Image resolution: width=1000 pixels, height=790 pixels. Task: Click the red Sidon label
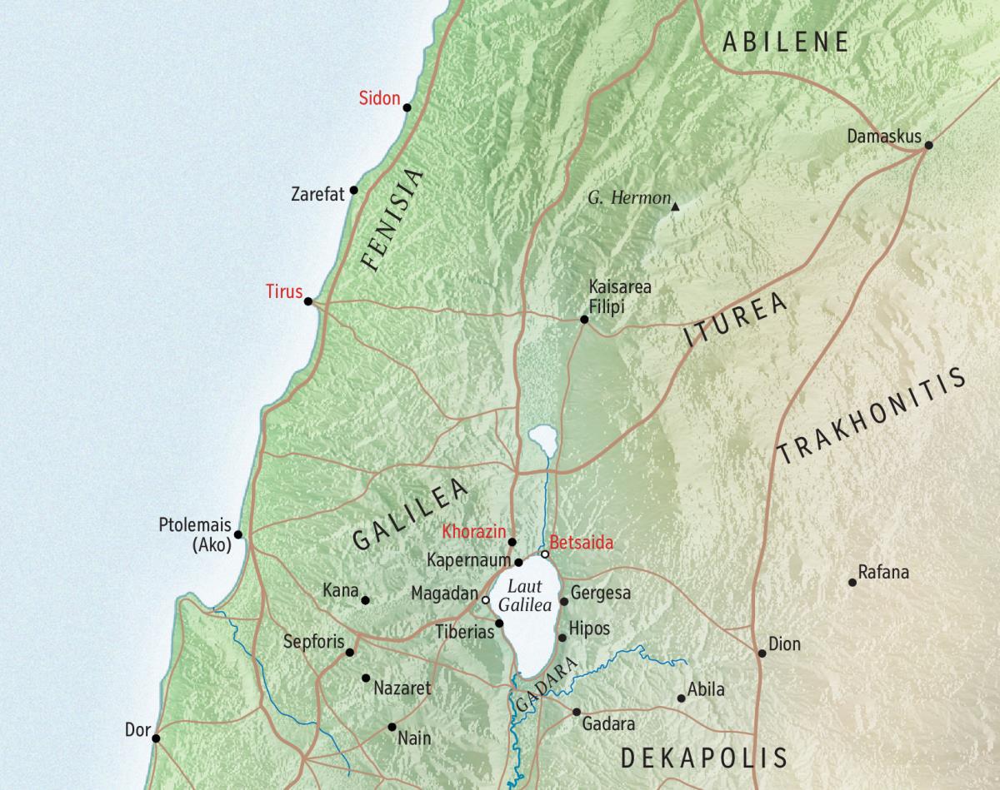[379, 98]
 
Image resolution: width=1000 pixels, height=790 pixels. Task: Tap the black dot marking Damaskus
[928, 145]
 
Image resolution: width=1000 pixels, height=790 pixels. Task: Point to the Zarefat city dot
[353, 191]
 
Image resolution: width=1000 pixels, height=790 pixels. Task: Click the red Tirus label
[283, 291]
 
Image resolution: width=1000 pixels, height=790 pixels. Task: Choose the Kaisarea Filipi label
[619, 296]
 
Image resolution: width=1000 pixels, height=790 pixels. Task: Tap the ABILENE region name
[785, 42]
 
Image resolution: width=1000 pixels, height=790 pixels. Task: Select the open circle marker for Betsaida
[545, 554]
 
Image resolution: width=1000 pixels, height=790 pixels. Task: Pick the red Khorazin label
[473, 530]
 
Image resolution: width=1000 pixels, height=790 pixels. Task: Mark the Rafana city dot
[852, 582]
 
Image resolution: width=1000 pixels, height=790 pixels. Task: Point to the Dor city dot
[156, 737]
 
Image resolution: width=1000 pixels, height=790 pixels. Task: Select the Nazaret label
[402, 688]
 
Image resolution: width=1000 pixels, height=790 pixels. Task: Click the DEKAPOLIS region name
[704, 757]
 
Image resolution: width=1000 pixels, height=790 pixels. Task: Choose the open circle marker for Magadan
[485, 599]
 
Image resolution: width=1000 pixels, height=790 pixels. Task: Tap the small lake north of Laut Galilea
[542, 437]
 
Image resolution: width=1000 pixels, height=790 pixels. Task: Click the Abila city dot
[681, 698]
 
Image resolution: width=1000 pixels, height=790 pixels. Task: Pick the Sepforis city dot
[350, 653]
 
